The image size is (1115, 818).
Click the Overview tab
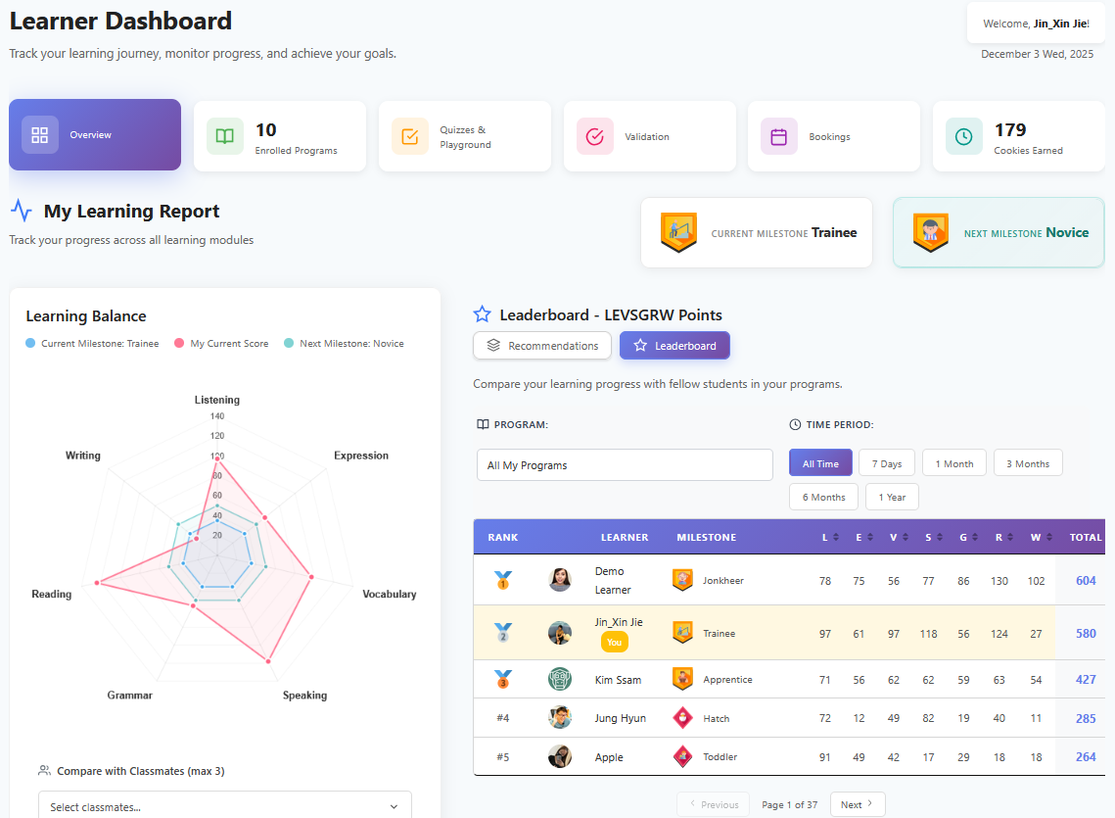coord(95,135)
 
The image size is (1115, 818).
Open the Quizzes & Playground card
coord(465,137)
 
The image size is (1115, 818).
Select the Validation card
coord(649,137)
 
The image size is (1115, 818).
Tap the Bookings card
coord(833,137)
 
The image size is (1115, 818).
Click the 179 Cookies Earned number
coord(1010,130)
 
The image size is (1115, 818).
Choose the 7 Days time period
coord(887,463)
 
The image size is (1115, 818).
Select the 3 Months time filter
coord(1027,463)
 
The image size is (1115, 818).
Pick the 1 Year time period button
coord(892,497)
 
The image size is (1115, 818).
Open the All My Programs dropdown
coord(625,465)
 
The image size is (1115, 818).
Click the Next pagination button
coord(857,804)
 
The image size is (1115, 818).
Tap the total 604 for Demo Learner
coord(1086,581)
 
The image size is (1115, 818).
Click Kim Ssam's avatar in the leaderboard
coord(560,679)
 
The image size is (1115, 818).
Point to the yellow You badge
coord(614,643)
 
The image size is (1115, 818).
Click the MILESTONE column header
coord(706,537)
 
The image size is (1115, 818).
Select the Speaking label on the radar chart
coord(304,696)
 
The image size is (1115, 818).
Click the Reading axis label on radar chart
coord(52,595)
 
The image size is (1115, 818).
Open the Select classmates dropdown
coord(225,806)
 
